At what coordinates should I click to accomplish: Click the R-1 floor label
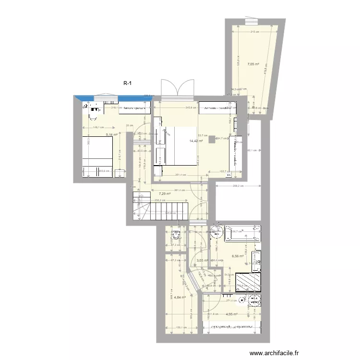[128, 83]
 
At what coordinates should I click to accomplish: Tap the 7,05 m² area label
[253, 64]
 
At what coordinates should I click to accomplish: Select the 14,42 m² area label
[196, 141]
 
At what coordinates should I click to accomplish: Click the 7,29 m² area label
[165, 194]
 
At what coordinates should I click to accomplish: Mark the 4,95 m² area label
[231, 314]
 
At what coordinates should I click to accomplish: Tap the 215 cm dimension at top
[254, 32]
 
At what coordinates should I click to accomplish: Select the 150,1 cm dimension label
[180, 328]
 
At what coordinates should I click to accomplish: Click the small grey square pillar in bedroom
[212, 139]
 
